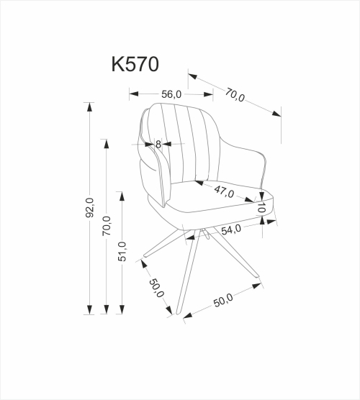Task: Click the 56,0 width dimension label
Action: click(171, 94)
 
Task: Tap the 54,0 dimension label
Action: click(230, 229)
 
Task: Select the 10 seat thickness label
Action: click(263, 208)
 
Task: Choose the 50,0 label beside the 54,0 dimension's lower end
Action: click(223, 299)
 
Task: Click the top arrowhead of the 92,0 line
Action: click(89, 106)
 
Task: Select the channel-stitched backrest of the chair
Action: click(184, 144)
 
